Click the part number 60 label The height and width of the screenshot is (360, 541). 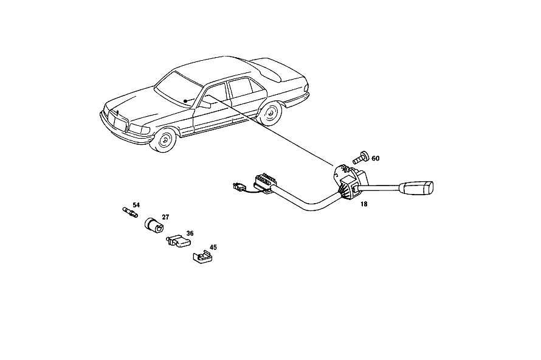pos(376,159)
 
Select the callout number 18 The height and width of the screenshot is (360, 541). pos(364,204)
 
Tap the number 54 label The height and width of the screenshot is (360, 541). pos(136,205)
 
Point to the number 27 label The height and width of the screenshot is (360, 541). pos(165,217)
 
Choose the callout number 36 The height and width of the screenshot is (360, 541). pos(190,234)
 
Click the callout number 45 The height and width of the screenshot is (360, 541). pos(213,247)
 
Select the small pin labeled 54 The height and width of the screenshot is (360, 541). pos(131,212)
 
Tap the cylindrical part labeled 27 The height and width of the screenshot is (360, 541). pos(154,225)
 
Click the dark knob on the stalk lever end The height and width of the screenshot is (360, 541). pos(416,188)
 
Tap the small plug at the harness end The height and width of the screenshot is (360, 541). pos(239,187)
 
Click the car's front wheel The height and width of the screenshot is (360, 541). pos(164,139)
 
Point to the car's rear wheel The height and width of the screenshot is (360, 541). pos(270,112)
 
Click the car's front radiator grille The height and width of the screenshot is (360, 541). pos(118,122)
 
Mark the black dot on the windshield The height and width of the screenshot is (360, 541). pos(185,101)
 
